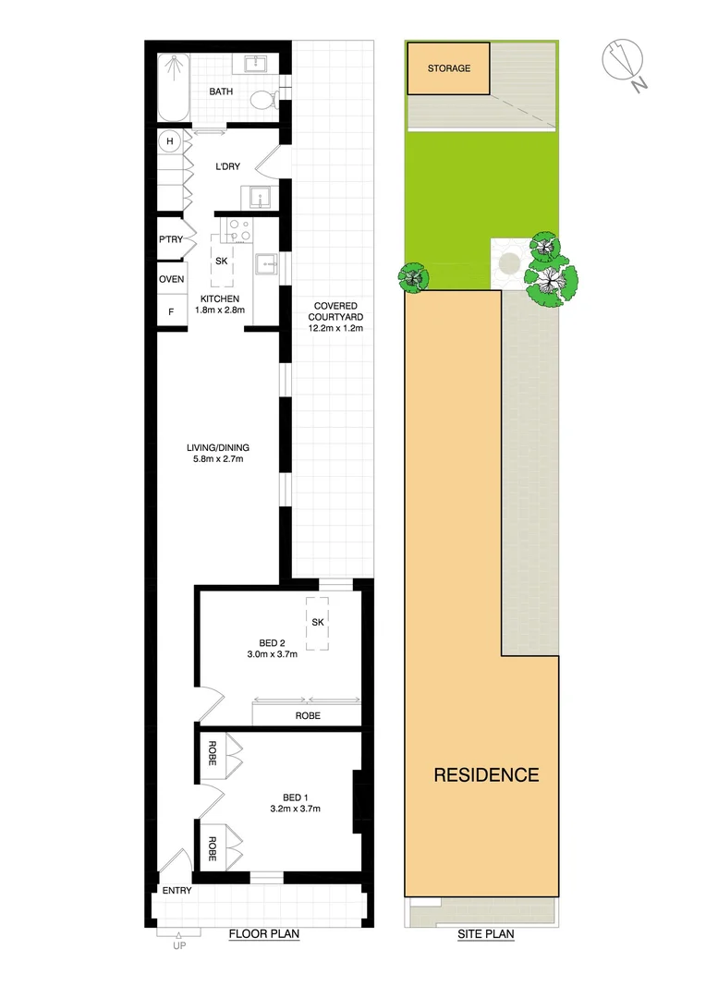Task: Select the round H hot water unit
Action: click(x=169, y=141)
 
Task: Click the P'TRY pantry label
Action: click(x=171, y=238)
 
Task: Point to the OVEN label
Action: click(x=171, y=280)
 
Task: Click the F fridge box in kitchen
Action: click(x=170, y=311)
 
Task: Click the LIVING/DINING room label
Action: click(x=217, y=454)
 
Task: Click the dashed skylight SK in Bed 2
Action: click(x=317, y=621)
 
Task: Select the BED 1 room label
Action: click(x=296, y=802)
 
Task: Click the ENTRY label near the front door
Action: click(x=176, y=891)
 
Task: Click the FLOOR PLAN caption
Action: click(x=264, y=934)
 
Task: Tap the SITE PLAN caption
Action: click(x=486, y=934)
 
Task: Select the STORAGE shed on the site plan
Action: click(x=449, y=68)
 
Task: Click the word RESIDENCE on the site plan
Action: click(x=486, y=774)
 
